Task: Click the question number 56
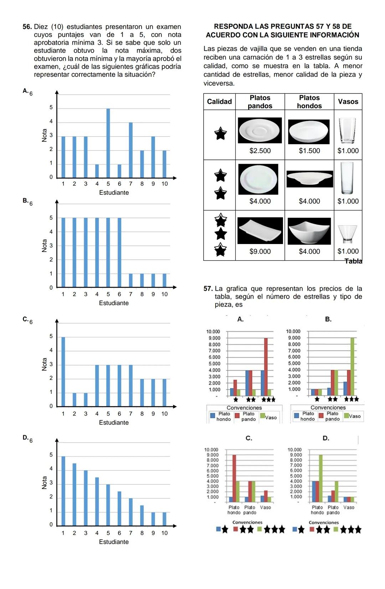click(x=27, y=27)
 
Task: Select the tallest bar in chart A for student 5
click(x=108, y=143)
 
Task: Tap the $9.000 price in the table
click(x=260, y=252)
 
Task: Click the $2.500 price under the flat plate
click(x=260, y=151)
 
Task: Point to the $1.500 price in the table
click(x=309, y=151)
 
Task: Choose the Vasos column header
click(x=348, y=102)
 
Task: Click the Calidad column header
click(x=219, y=102)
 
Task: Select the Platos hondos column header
click(x=309, y=102)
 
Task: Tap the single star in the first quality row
click(x=220, y=134)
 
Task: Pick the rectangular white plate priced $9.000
click(x=260, y=230)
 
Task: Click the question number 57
click(x=208, y=289)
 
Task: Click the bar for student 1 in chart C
click(x=63, y=371)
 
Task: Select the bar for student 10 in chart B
click(x=164, y=280)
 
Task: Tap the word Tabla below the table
click(x=353, y=261)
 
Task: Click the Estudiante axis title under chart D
click(x=114, y=542)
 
